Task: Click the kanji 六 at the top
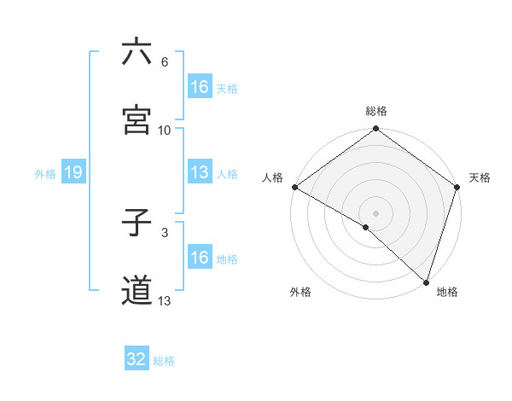pos(137,52)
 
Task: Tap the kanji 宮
pos(137,120)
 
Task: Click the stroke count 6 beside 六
pos(165,62)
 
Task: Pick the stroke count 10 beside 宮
pos(165,131)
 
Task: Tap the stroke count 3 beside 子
pos(165,232)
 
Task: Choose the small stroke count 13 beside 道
pos(165,300)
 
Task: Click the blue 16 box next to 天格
pos(200,87)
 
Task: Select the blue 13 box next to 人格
pos(200,172)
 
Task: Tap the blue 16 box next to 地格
pos(200,257)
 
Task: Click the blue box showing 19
pos(73,172)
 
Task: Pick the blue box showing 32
pos(137,359)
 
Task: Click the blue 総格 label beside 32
pos(165,361)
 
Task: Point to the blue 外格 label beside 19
pos(45,173)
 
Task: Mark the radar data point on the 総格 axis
pos(375,130)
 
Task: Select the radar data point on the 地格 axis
pos(426,282)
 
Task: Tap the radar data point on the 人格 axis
pos(294,187)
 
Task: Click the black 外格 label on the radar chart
pos(300,292)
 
